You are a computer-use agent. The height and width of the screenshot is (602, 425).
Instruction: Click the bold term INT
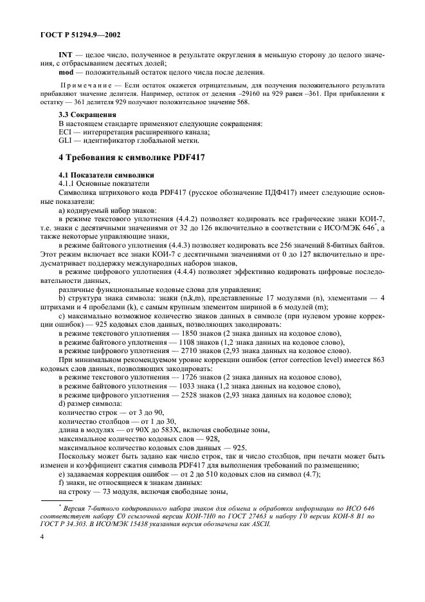(65, 55)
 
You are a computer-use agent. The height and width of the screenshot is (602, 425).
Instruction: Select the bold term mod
(66, 72)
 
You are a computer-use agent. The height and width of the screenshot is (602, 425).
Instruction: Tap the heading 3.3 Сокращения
(84, 114)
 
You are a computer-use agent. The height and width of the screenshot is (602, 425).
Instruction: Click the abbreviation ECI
(65, 131)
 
